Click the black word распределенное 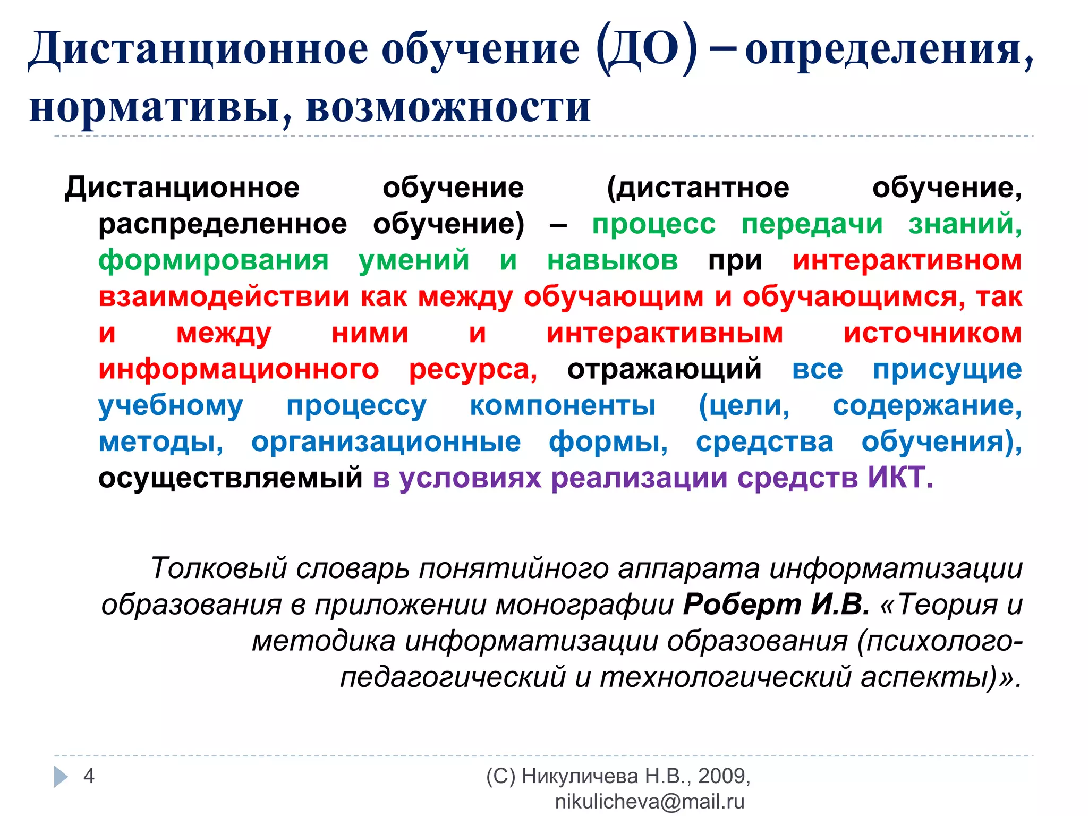(x=223, y=224)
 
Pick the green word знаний (x=965, y=224)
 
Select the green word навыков (x=613, y=261)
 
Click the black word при (x=735, y=261)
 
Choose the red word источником (x=932, y=333)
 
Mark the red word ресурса (x=473, y=369)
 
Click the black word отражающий (x=664, y=369)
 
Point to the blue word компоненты (x=563, y=405)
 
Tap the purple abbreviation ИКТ (x=900, y=478)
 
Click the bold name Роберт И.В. (x=776, y=605)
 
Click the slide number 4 (x=89, y=776)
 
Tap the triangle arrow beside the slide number (x=61, y=777)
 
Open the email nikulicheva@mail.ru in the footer (x=649, y=802)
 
